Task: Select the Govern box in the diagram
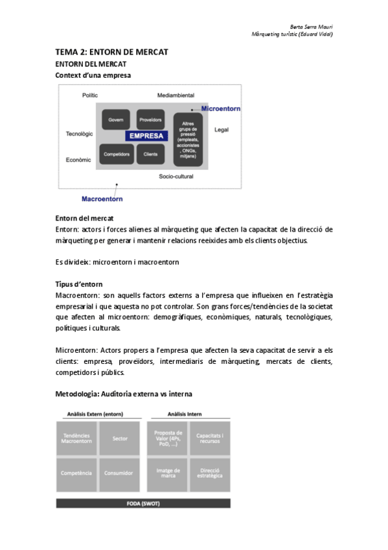[116, 120]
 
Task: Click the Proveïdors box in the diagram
[150, 120]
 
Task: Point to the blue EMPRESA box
[146, 136]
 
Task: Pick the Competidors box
[116, 154]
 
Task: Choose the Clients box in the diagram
[150, 154]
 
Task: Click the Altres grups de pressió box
[187, 140]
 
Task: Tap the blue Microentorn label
[220, 108]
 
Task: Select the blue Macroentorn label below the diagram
[102, 198]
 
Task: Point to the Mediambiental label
[176, 95]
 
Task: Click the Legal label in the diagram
[222, 130]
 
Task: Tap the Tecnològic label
[79, 134]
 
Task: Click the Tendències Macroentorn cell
[77, 438]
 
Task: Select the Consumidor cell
[120, 473]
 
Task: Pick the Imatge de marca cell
[168, 473]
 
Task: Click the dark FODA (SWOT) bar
[143, 503]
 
